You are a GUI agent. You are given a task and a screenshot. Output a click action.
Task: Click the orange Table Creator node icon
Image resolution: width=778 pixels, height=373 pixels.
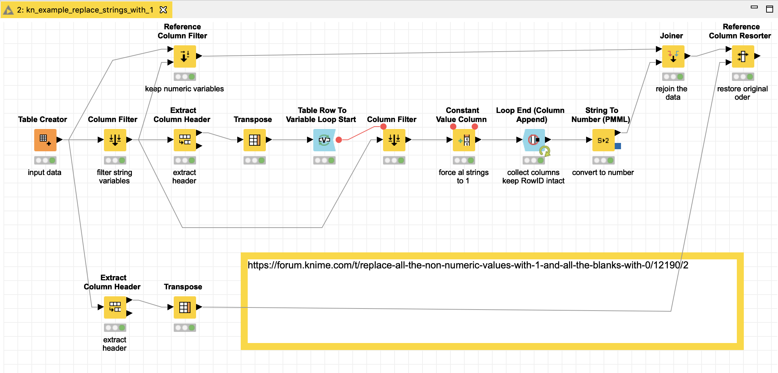click(x=45, y=140)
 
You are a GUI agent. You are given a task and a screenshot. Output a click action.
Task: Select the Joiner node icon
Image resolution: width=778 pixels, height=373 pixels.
click(x=673, y=56)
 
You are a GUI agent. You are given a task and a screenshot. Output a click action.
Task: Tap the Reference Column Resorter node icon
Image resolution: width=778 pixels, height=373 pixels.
click(x=743, y=56)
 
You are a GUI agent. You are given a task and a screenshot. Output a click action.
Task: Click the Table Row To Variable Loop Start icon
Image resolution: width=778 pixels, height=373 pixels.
click(x=324, y=140)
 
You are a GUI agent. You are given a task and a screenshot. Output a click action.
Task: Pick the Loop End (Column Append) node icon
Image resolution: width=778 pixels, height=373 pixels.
click(x=534, y=140)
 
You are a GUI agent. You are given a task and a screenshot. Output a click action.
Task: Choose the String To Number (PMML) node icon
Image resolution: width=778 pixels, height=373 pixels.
click(x=603, y=140)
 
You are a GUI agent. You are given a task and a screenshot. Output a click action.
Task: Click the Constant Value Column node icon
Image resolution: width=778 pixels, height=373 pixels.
click(x=464, y=140)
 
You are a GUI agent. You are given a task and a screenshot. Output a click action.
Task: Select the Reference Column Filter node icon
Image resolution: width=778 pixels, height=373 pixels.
click(x=185, y=56)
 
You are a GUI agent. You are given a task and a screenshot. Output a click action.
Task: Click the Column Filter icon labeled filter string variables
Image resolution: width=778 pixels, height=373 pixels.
click(x=115, y=140)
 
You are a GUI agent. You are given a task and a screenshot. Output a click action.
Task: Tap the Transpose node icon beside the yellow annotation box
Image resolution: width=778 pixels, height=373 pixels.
click(x=185, y=307)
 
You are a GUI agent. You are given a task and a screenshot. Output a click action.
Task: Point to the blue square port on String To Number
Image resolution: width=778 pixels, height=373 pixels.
click(x=618, y=146)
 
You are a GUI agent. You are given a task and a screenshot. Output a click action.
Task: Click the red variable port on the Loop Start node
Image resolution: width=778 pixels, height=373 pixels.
click(x=338, y=140)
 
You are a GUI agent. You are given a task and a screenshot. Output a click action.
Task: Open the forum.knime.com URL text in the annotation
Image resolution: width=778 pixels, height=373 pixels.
click(x=467, y=265)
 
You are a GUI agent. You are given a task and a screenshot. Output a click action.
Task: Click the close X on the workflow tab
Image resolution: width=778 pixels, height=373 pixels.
click(x=163, y=10)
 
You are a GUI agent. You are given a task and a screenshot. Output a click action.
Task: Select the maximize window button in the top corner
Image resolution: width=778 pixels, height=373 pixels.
click(x=769, y=9)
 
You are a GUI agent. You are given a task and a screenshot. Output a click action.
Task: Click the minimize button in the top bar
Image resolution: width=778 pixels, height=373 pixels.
click(x=754, y=7)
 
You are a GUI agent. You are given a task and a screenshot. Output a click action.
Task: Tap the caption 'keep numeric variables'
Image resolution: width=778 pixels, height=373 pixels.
click(x=184, y=89)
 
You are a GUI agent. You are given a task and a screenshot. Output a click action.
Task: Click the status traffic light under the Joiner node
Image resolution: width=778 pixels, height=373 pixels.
click(x=673, y=77)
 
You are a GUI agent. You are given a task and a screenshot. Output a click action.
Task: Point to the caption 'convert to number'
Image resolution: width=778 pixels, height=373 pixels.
click(x=603, y=173)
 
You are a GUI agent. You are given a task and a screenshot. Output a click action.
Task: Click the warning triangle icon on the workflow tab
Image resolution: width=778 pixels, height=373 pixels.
click(x=8, y=10)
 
